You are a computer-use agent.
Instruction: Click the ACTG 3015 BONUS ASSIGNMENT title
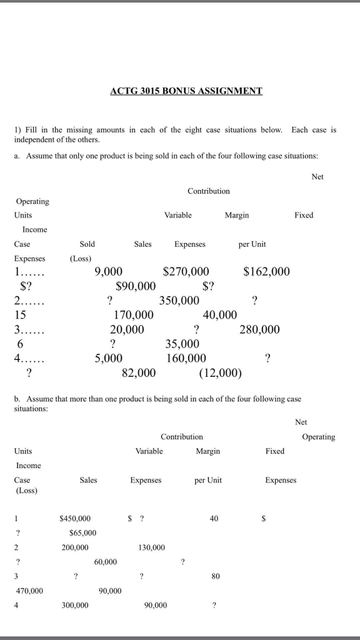point(186,91)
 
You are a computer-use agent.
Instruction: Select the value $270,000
point(186,271)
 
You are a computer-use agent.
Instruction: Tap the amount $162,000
point(266,271)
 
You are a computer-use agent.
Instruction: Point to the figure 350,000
point(179,301)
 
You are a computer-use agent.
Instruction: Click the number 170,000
point(133,315)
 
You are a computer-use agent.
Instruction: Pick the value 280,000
point(259,329)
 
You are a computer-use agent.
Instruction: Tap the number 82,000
point(139,373)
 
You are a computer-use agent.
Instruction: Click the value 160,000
point(186,358)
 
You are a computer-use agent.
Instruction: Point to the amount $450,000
point(75,518)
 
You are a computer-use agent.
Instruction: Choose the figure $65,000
point(83,532)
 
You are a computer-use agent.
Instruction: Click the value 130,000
point(152,547)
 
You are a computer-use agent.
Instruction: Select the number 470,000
point(29,591)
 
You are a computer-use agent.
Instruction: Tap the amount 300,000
point(75,605)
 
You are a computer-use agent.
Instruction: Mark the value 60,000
point(106,562)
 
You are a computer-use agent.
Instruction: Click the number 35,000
point(182,344)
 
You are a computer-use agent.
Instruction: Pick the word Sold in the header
point(87,244)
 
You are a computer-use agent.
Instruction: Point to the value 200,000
point(75,547)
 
